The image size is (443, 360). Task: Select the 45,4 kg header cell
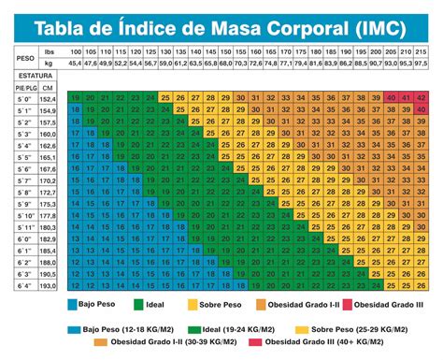click(x=75, y=65)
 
